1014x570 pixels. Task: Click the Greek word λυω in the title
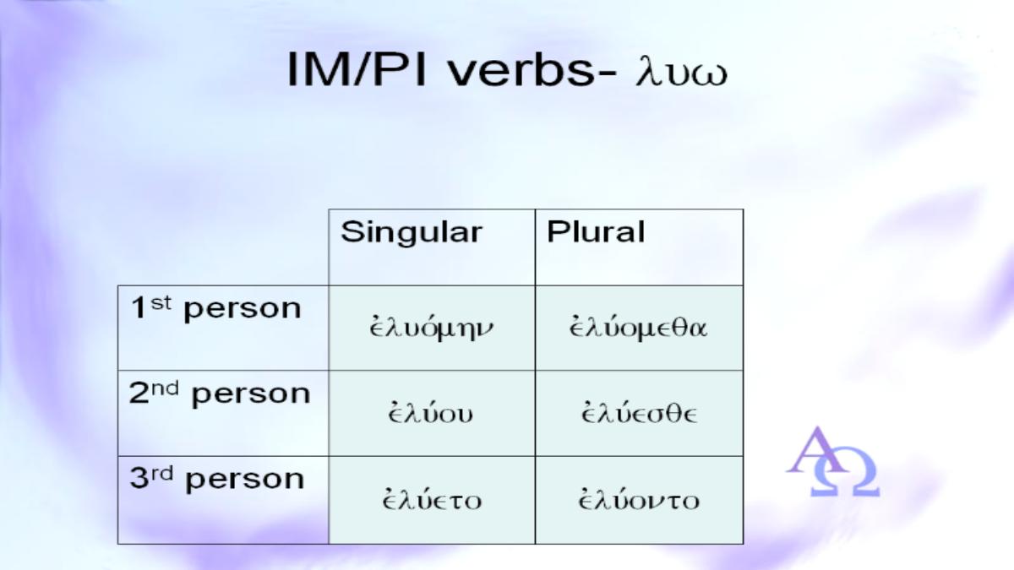pos(682,73)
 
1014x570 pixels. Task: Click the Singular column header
pos(412,232)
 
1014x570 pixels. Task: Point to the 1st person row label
pos(216,309)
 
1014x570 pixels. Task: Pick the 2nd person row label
pos(220,394)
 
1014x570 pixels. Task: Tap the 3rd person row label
pos(217,479)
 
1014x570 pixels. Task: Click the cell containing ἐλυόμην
pos(431,328)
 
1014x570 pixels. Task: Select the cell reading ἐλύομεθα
pos(638,327)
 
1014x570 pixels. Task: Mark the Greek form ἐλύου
pos(430,412)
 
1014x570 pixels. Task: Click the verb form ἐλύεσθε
pos(639,412)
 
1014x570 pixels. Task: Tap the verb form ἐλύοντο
pos(639,498)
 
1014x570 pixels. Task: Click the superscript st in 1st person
pos(161,303)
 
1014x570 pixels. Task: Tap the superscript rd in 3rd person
pos(162,474)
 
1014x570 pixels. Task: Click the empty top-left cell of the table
pos(223,247)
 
